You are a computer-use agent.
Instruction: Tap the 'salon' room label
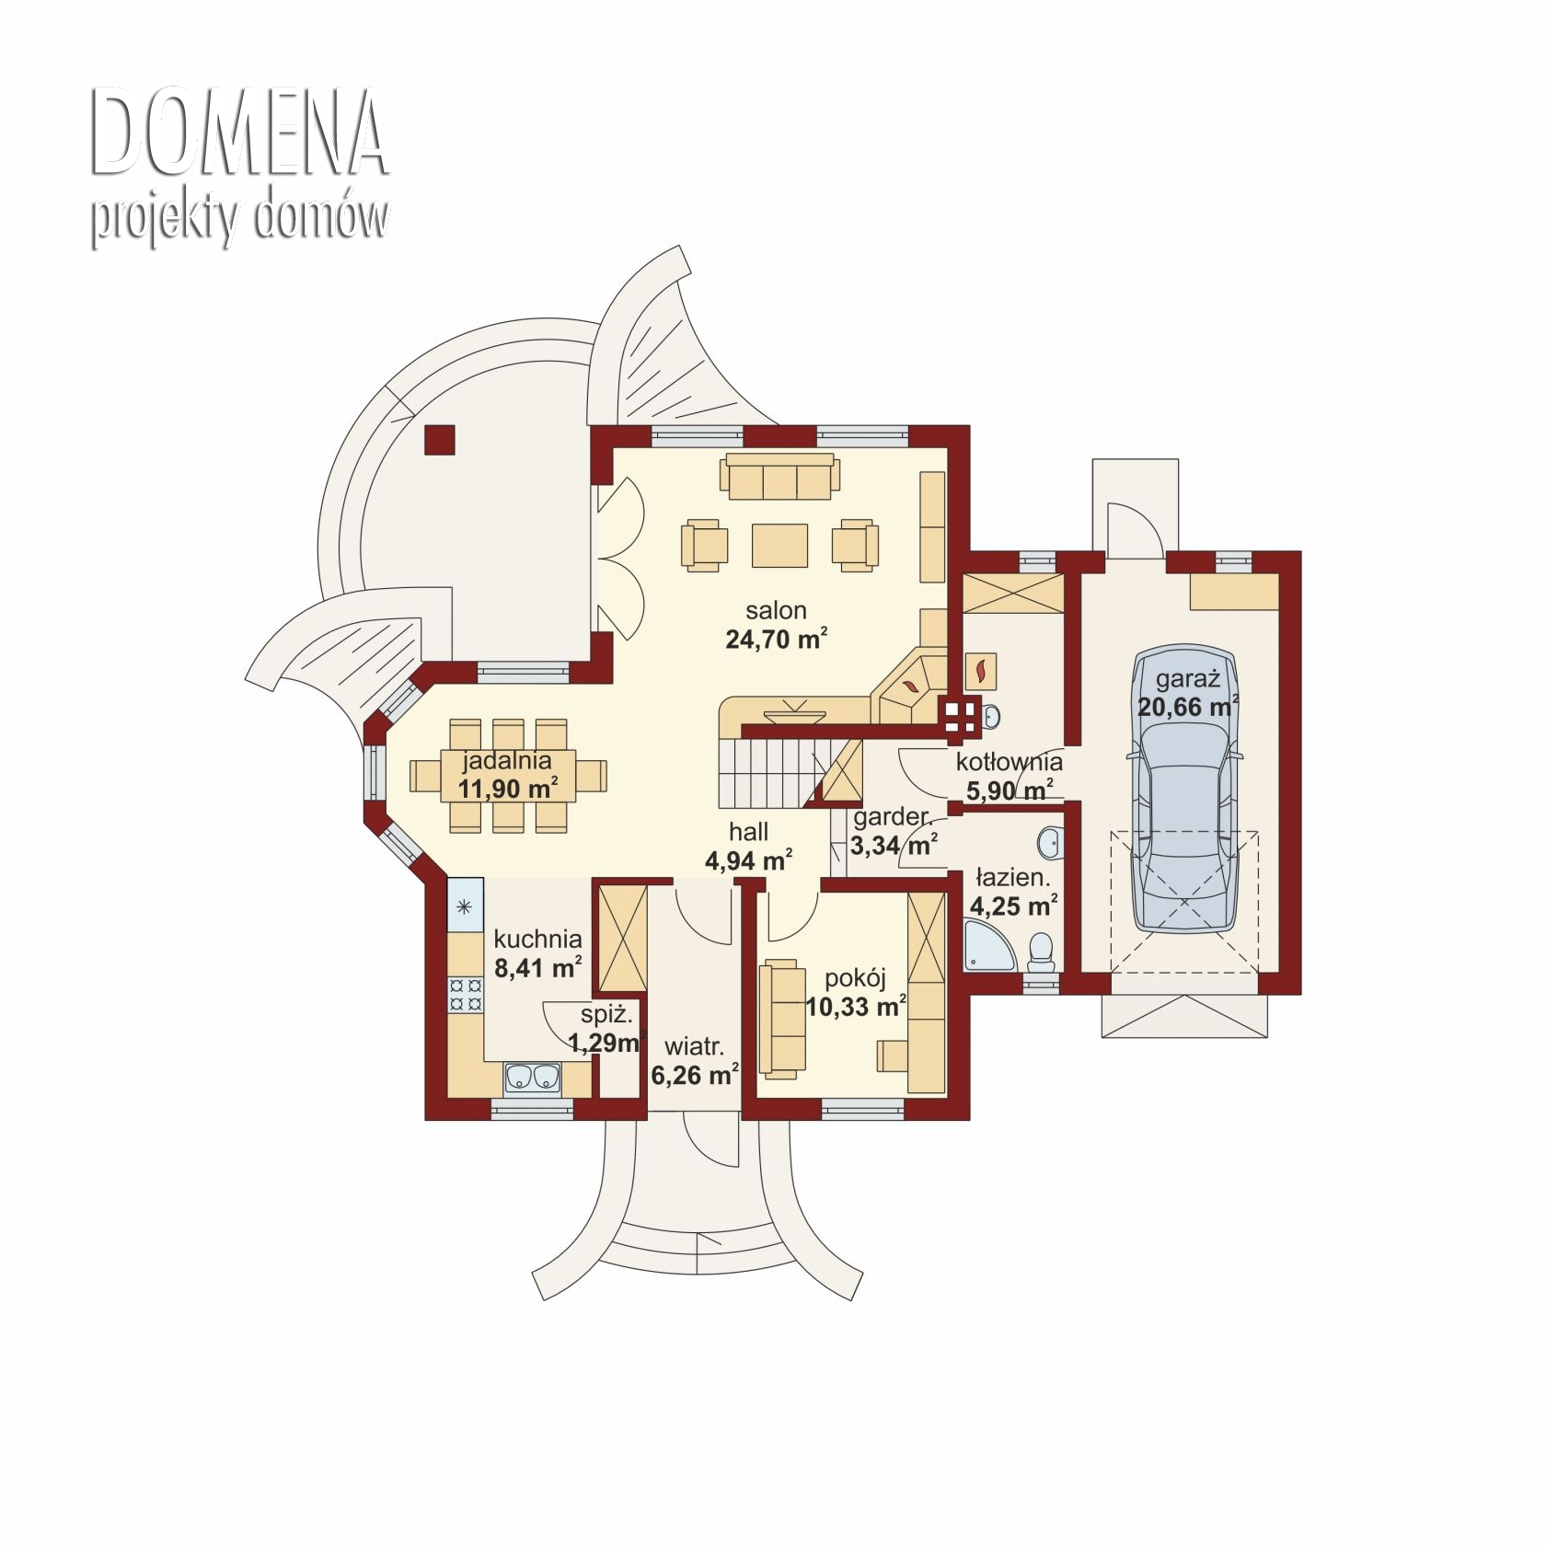pos(776,610)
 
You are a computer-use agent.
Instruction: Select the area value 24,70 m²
pos(776,638)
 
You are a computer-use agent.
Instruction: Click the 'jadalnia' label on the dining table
pos(507,760)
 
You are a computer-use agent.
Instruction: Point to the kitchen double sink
pos(532,1077)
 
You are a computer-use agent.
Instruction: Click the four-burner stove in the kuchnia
pos(465,995)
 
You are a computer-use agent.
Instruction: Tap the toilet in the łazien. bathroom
pos(1042,952)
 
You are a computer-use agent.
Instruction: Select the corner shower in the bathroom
pos(989,947)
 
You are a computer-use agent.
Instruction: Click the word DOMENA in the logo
pos(237,133)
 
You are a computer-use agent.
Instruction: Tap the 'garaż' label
pos(1187,679)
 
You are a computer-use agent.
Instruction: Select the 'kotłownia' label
pos(1009,762)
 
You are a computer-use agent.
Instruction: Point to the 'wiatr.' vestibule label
pos(694,1046)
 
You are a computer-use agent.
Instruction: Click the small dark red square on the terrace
pos(439,440)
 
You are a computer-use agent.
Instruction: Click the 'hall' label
pos(749,832)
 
